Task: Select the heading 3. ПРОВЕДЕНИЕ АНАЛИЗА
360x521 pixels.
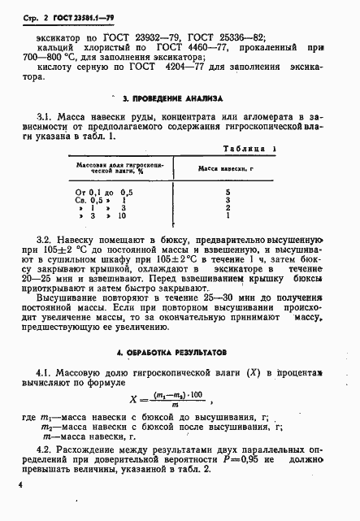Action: click(165, 97)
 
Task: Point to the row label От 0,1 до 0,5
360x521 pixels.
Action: click(102, 190)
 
